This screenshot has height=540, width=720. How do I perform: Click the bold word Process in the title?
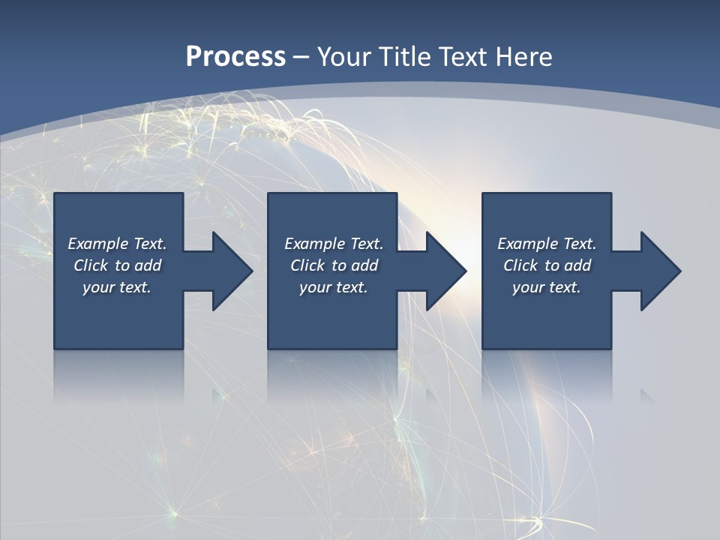click(x=235, y=57)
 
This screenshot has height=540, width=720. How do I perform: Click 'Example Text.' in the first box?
click(x=117, y=244)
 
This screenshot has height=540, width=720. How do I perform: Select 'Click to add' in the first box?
click(x=117, y=265)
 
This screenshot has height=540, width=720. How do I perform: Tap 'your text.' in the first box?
click(x=117, y=287)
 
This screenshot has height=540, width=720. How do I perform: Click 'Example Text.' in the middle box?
click(x=334, y=244)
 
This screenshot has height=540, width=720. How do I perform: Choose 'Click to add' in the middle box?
click(x=334, y=265)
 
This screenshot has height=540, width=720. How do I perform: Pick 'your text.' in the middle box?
click(x=334, y=287)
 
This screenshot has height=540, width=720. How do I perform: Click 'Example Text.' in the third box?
click(x=547, y=244)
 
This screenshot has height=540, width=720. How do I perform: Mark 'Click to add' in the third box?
click(x=547, y=265)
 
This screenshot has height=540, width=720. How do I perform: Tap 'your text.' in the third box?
click(x=547, y=287)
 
